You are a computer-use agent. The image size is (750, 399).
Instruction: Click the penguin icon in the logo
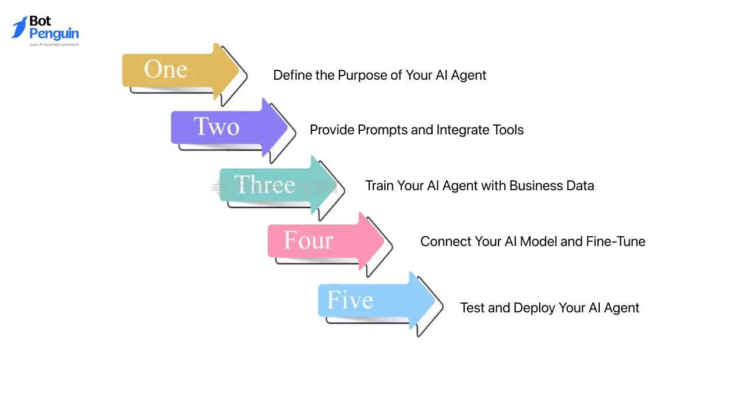click(x=19, y=27)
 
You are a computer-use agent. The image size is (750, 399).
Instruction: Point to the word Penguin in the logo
click(x=54, y=34)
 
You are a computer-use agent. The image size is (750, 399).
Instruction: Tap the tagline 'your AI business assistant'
click(x=54, y=44)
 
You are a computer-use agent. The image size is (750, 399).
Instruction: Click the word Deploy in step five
click(x=534, y=308)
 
